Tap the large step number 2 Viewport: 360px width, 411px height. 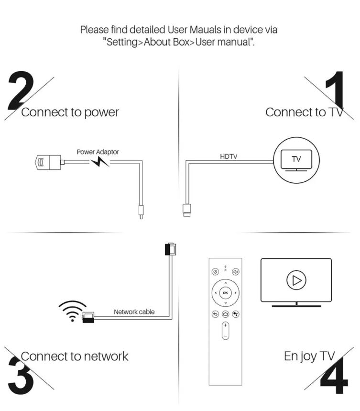(21, 90)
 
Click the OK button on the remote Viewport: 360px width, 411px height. (225, 293)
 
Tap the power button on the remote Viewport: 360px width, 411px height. (215, 272)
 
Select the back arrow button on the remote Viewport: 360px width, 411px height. (215, 314)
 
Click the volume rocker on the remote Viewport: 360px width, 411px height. (225, 331)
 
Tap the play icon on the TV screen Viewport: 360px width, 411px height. (296, 280)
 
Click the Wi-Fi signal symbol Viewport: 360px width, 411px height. (73, 311)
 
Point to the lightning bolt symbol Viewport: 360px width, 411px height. (100, 162)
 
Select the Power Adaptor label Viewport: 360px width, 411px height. (98, 152)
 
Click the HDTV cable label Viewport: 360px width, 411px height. (229, 156)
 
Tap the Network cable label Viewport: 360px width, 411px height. (134, 311)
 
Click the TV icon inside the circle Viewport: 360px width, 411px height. (296, 160)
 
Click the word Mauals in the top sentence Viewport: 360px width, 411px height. (195, 30)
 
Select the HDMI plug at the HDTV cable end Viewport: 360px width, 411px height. (186, 210)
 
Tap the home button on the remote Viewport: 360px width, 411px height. (226, 314)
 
